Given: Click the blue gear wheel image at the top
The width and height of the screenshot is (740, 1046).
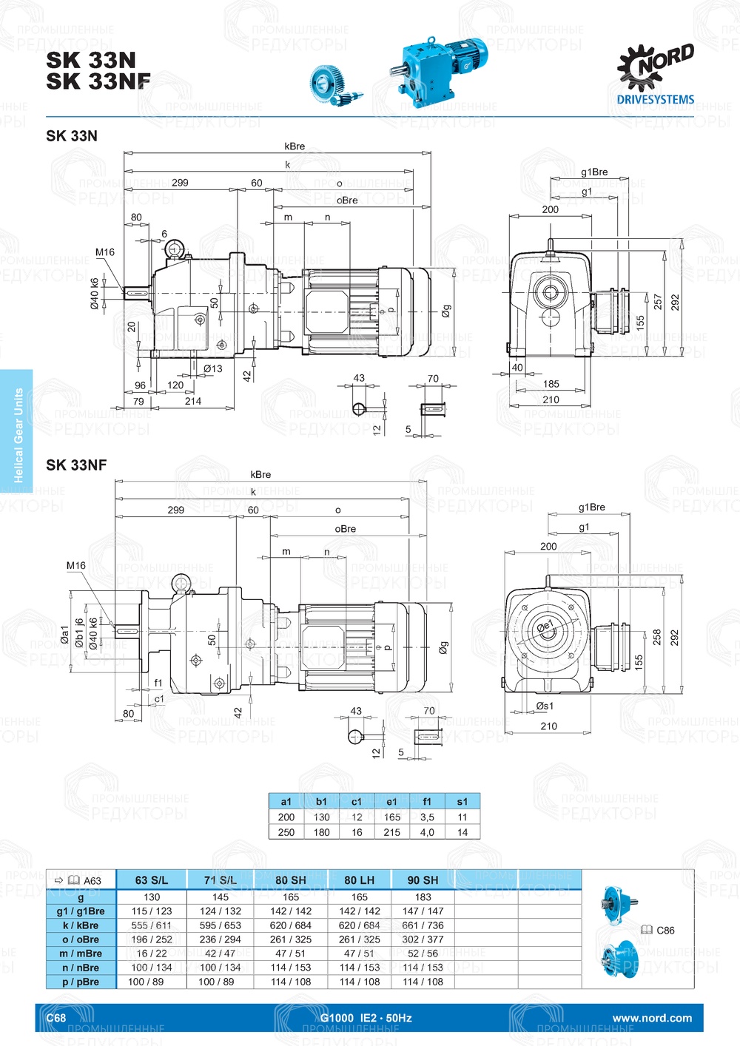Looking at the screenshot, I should click(333, 85).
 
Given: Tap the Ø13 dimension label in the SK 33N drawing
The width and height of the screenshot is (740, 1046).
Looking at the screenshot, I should click(212, 368).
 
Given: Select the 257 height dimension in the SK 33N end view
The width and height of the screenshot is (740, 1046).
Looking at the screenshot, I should click(658, 302).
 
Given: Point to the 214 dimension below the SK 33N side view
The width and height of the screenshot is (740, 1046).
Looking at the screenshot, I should click(193, 401).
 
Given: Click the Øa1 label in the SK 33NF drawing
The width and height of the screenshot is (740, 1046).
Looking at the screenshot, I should click(64, 635).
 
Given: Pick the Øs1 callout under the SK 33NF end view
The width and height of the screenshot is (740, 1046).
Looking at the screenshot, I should click(545, 706).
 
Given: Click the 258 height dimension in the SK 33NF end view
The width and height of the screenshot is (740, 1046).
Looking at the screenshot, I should click(657, 638).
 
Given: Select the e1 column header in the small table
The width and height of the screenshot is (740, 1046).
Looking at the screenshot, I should click(391, 801).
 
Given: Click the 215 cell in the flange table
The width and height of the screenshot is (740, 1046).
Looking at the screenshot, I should click(391, 832).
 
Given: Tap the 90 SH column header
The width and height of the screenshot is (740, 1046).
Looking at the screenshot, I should click(423, 880).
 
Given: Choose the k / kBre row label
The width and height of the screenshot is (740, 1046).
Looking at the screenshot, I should click(81, 925).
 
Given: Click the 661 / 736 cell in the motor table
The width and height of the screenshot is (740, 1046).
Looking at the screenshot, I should click(423, 925).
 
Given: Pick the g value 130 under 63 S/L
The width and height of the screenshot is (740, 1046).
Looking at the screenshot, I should click(152, 897).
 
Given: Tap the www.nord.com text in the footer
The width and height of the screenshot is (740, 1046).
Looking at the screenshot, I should click(652, 1018).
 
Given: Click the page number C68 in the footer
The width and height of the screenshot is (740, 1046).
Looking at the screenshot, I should click(56, 1018).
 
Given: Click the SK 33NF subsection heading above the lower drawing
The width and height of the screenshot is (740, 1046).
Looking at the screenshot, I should click(76, 465).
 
